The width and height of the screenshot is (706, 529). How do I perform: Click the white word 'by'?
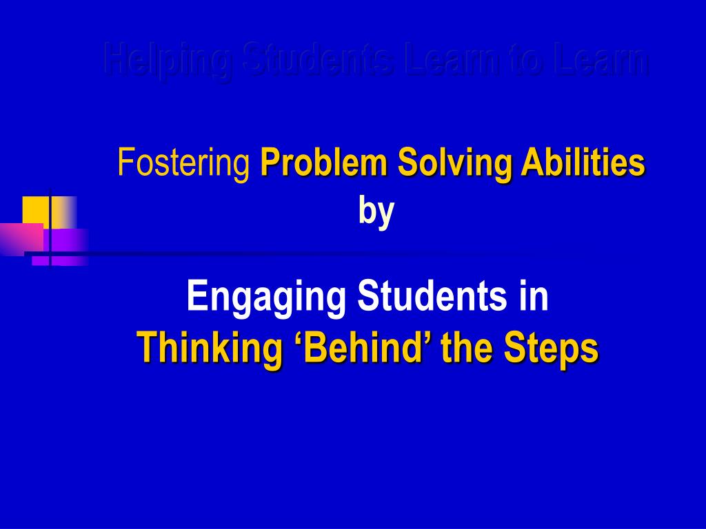tap(376, 211)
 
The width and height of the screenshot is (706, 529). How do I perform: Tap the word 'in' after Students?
tap(535, 298)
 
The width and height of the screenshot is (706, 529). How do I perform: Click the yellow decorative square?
tap(38, 209)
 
